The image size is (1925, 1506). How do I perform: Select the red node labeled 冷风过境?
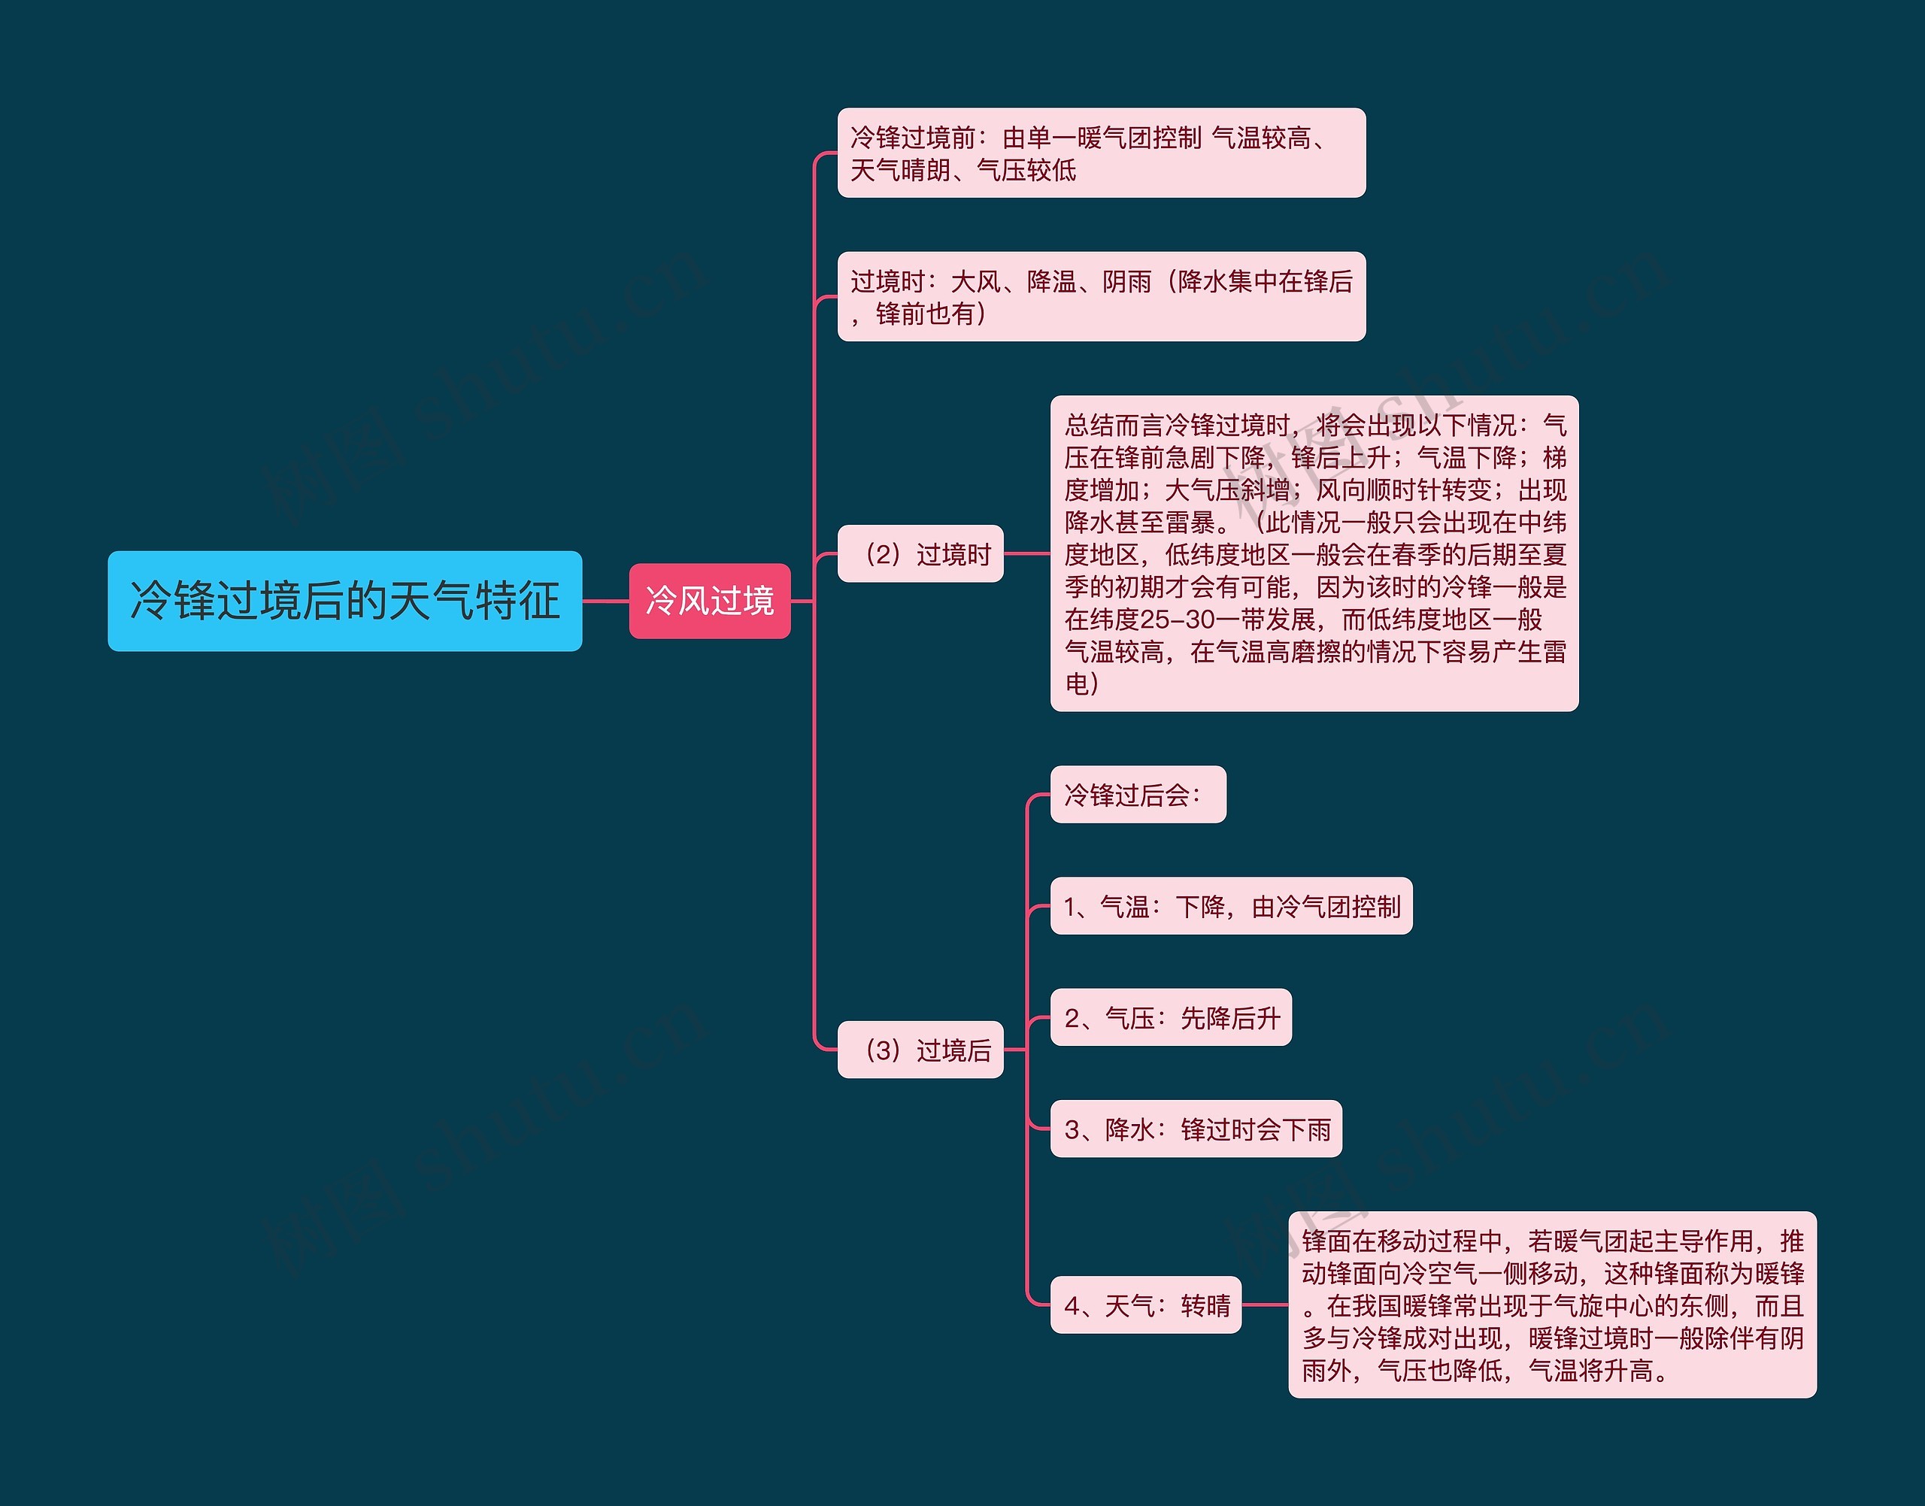(709, 601)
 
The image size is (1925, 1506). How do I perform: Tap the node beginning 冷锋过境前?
(1101, 153)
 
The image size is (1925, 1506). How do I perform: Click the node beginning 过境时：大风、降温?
(1101, 296)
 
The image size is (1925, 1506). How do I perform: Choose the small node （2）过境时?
(920, 553)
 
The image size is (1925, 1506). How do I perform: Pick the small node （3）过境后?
(920, 1050)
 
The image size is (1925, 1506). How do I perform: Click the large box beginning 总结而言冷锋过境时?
(1314, 553)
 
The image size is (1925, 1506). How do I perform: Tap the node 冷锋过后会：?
(1138, 795)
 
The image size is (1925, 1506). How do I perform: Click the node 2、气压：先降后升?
(1170, 1017)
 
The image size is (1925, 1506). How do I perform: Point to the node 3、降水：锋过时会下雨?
(1196, 1129)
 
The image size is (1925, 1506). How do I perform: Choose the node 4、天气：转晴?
(1145, 1305)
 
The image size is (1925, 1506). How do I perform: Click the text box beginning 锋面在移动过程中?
(1552, 1305)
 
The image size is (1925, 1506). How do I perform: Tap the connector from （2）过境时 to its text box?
(1026, 553)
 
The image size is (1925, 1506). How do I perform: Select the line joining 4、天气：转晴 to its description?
(1265, 1305)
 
